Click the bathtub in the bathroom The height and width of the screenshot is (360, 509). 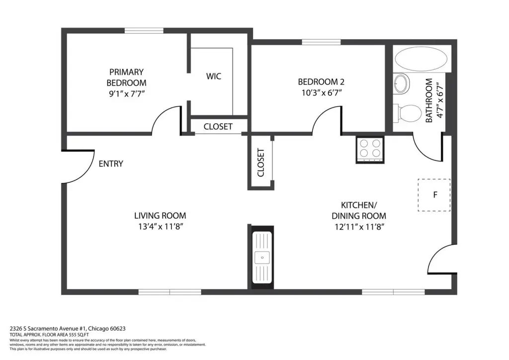421,59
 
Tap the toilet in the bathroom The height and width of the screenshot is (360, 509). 408,113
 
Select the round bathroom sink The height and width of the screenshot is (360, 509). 402,84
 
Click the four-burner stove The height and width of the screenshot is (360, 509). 370,150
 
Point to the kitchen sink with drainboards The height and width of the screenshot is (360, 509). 262,258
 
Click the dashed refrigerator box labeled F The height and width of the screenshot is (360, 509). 434,195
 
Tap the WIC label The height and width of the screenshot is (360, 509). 214,77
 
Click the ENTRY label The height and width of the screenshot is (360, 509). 111,164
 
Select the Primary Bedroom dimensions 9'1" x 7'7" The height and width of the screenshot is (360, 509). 127,94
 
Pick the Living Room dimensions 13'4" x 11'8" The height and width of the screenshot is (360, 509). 161,227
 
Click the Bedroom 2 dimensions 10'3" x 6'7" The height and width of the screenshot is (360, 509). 322,93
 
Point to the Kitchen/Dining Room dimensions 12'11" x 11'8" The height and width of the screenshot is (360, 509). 359,227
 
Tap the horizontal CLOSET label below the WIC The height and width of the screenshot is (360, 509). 218,127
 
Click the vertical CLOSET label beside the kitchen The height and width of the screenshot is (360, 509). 260,163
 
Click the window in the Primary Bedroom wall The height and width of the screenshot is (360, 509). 144,30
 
